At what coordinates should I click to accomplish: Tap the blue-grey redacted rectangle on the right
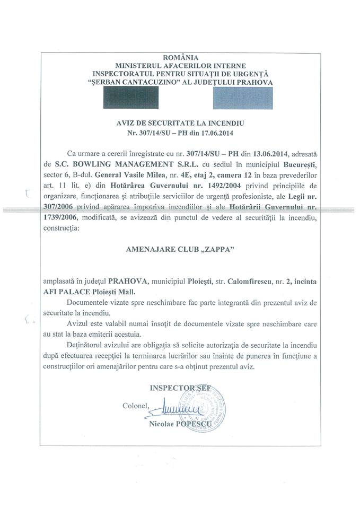242,98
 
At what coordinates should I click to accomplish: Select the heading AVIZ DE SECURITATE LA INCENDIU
180,122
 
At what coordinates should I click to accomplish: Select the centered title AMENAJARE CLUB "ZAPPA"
181,260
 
